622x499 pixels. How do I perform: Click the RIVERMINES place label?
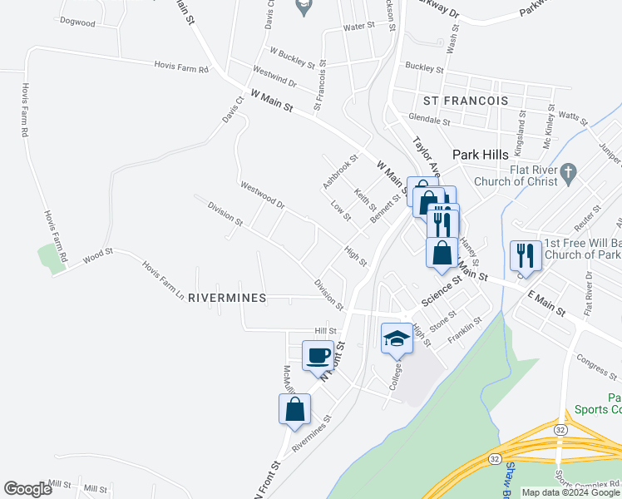tap(227, 298)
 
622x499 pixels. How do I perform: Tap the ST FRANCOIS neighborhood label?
tap(465, 101)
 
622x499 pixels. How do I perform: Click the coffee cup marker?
tap(318, 356)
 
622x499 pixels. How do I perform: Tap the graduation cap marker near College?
tap(397, 338)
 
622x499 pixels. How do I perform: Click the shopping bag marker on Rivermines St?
tap(294, 409)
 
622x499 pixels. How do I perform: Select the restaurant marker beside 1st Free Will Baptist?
tap(526, 254)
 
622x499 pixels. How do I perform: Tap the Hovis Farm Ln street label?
tap(162, 279)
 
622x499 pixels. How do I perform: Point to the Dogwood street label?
tap(77, 22)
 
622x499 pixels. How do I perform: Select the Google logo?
tap(27, 490)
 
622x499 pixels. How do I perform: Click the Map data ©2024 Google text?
tap(571, 492)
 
